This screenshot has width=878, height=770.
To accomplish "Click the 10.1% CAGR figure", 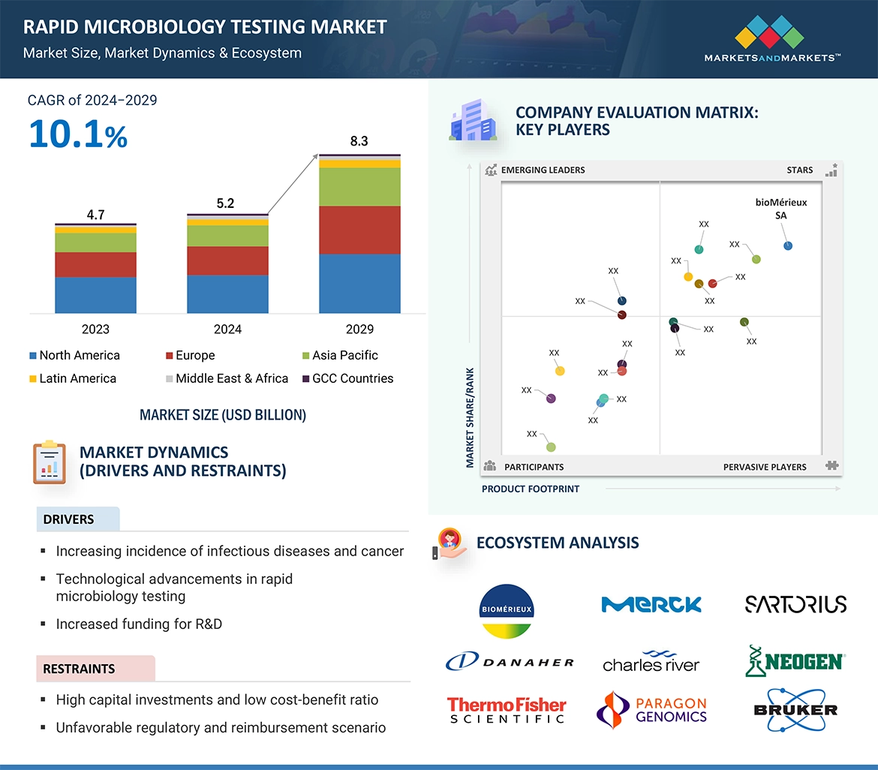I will point(78,134).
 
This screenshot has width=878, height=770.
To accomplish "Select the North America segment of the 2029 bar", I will point(359,283).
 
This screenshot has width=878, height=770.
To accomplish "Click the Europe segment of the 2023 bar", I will point(95,264).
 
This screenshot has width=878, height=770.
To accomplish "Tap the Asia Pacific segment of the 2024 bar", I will point(227,236).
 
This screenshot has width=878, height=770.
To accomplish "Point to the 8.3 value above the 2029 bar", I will point(359,141).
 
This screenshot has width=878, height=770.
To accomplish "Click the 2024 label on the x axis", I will point(227,329).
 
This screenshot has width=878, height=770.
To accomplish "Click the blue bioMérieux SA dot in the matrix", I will point(787,245).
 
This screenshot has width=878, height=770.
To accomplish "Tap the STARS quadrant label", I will point(799,170).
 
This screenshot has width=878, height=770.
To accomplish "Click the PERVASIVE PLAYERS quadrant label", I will point(765,467).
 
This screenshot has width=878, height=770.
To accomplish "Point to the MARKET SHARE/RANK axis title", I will point(470,417).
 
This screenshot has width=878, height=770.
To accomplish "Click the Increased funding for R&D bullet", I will point(139,624).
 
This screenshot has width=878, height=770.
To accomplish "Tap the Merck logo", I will point(651,604).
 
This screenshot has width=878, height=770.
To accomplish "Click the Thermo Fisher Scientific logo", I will point(507,710).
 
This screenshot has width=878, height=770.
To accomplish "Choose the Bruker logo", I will point(795,709).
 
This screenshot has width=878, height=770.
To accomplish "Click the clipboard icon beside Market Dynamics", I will point(50,462).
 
